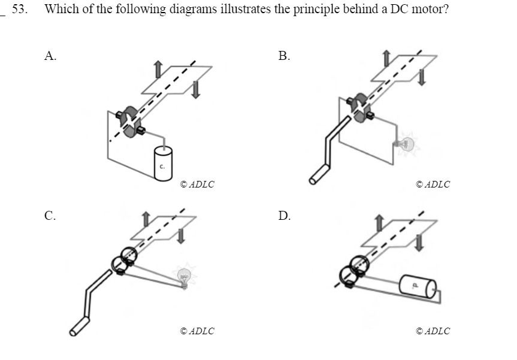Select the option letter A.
50,56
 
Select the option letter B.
284,56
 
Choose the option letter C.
50,216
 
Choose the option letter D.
284,216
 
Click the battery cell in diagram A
162,161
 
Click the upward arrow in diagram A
158,69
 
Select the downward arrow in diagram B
423,76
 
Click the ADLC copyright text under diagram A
196,184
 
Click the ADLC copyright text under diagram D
433,331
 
